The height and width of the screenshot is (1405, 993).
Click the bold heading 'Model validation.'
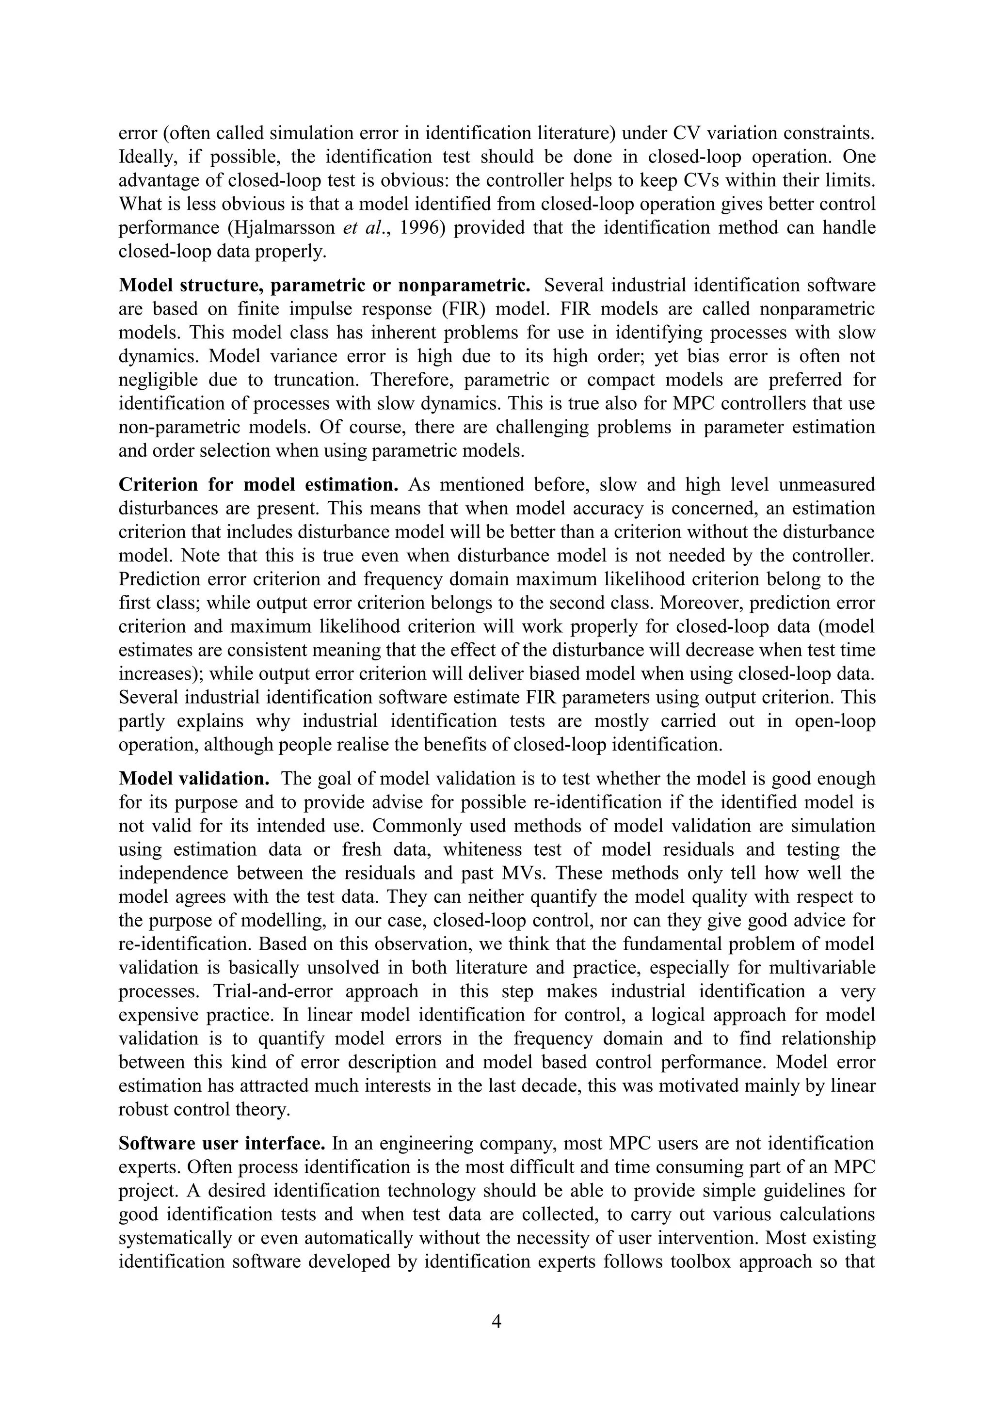[x=194, y=779]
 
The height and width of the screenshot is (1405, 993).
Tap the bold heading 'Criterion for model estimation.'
[x=258, y=485]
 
